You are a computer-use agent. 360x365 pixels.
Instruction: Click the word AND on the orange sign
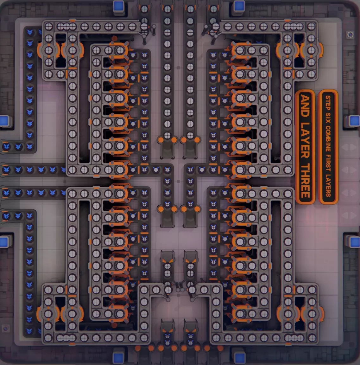point(305,106)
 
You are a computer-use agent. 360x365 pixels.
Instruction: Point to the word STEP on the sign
point(328,102)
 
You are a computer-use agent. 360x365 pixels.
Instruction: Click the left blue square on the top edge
point(118,6)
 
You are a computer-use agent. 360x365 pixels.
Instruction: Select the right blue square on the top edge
point(239,6)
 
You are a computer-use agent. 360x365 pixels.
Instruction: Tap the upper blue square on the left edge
point(4,120)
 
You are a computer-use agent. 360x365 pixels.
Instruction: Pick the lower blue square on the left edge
point(4,242)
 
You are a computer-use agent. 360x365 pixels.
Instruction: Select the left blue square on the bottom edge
point(118,358)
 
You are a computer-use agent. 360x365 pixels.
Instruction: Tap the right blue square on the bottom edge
point(239,358)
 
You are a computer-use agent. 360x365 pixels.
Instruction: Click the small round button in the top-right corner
point(350,35)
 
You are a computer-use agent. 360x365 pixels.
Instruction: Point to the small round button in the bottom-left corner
point(6,329)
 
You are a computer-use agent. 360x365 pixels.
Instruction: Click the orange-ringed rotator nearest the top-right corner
point(312,50)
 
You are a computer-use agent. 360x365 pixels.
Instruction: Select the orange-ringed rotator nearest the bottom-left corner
point(48,314)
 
